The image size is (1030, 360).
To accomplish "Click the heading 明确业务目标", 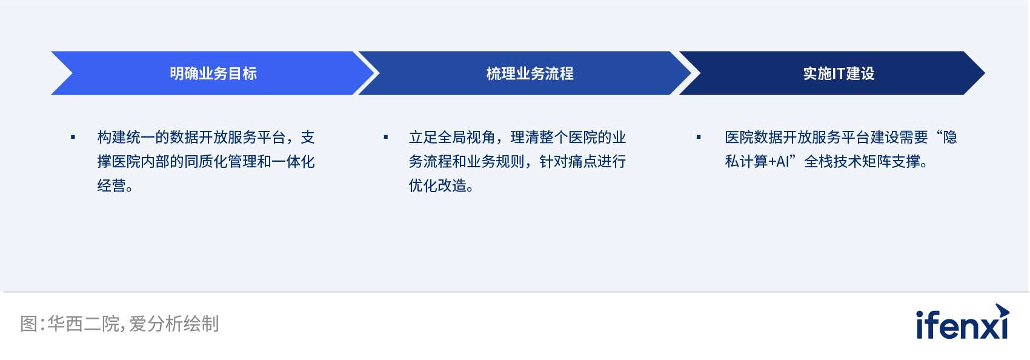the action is (213, 73).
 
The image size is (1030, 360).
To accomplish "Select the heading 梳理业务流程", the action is (530, 73).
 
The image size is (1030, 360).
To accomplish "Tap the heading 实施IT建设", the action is (839, 73).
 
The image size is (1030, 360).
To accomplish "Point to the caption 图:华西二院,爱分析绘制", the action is (119, 324).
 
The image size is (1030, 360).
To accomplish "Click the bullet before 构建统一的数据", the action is (73, 137).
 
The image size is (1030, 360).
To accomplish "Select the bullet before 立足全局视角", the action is (386, 137).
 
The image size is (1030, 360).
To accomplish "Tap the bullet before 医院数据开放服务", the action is (699, 137).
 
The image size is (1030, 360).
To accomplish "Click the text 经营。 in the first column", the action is (115, 185).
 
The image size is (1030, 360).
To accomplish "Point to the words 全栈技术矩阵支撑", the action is (862, 161).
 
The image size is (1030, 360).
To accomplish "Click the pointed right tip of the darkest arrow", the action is (985, 73).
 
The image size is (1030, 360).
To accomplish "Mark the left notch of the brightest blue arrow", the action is (72, 73).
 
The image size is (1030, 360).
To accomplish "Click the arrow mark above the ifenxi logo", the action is (1002, 310).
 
